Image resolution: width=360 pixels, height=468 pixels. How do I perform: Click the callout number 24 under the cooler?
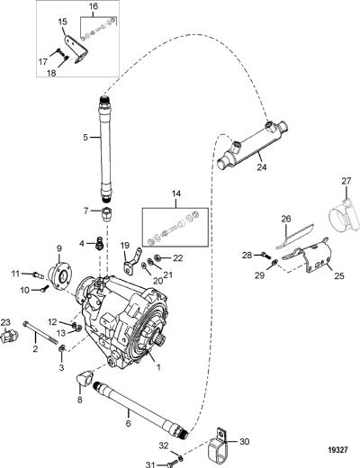261,166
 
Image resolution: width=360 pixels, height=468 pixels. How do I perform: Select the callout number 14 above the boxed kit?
176,193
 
